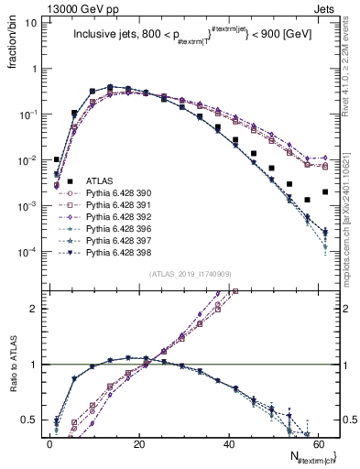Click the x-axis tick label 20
[x=139, y=443]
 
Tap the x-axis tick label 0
[x=50, y=443]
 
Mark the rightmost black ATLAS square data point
[x=325, y=192]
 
